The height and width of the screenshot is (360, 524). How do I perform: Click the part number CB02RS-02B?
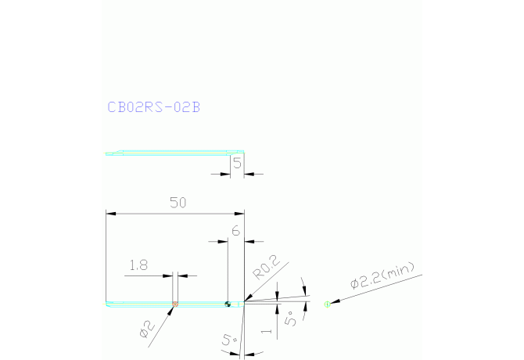[x=153, y=107]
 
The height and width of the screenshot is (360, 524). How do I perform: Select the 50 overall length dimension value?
[x=178, y=203]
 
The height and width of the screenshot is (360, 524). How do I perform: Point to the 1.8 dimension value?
[x=139, y=265]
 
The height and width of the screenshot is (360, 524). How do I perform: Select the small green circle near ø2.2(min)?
[x=328, y=304]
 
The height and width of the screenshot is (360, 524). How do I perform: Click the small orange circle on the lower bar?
[x=175, y=304]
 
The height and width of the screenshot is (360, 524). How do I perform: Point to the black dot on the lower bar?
[x=228, y=304]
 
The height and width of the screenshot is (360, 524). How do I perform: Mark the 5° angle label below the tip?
[x=228, y=341]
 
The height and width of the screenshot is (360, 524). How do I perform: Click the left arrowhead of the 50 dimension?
[x=110, y=213]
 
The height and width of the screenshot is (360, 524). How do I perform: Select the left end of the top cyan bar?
[x=108, y=153]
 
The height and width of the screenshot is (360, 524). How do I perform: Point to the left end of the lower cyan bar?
[x=108, y=304]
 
